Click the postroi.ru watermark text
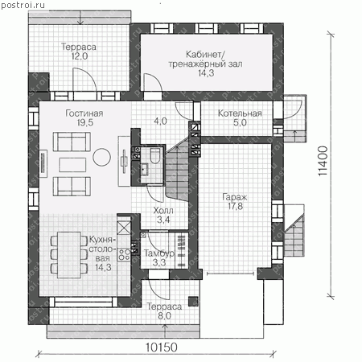[23, 5]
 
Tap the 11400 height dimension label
[323, 161]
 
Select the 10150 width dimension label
[162, 348]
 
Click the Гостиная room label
[84, 113]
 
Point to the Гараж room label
[235, 197]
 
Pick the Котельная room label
[240, 113]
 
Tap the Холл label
[163, 211]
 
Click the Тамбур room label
[159, 253]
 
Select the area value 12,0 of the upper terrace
[80, 56]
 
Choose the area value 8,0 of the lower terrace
[164, 316]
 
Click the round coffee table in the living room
[102, 157]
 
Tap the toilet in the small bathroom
[154, 155]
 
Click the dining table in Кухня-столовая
[69, 255]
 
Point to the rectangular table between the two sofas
[72, 165]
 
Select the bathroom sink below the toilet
[145, 170]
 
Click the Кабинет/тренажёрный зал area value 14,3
[206, 73]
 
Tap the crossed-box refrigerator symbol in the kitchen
[124, 228]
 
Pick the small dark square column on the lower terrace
[193, 301]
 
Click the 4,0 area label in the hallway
[160, 121]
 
